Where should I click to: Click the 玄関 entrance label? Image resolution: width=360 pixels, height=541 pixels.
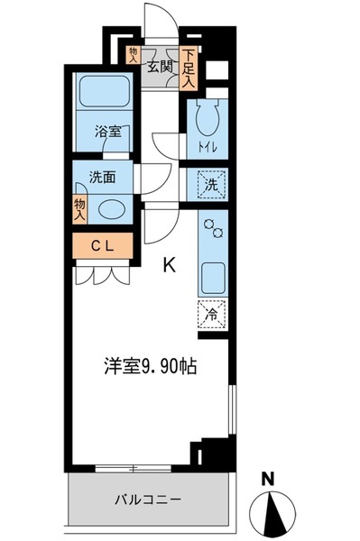click(160, 66)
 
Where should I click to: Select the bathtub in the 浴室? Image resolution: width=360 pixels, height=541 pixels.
click(105, 91)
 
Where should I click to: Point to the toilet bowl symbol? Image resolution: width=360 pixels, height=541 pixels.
click(208, 116)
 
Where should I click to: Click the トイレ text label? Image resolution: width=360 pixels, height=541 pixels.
click(208, 148)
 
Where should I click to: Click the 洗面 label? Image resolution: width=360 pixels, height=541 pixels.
click(102, 178)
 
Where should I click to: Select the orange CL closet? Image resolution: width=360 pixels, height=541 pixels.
click(103, 245)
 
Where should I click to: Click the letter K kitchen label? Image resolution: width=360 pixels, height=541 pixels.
click(169, 265)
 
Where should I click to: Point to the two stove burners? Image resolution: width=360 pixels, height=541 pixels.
click(214, 228)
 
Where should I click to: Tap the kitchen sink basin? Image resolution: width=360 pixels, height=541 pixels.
click(213, 278)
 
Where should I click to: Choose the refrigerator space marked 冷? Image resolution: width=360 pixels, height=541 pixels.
click(212, 315)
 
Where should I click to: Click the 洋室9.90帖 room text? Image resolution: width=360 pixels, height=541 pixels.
click(151, 366)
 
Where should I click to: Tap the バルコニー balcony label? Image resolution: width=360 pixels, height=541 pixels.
click(148, 500)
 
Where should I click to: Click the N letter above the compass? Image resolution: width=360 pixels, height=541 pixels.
click(267, 480)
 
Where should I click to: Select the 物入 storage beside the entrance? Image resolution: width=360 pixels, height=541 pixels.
click(134, 55)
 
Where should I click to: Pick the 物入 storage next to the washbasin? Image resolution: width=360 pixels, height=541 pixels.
click(79, 209)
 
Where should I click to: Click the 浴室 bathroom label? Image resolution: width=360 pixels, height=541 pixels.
click(108, 132)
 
